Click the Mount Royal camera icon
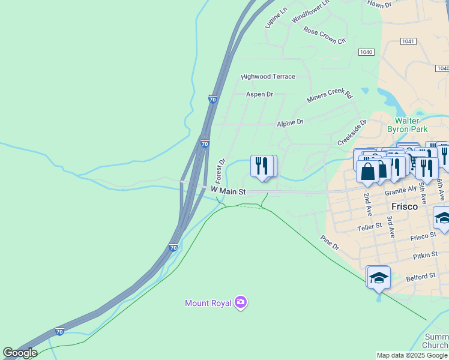click(x=241, y=302)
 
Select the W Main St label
click(x=229, y=191)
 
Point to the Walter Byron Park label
click(x=407, y=124)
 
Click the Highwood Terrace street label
click(x=268, y=77)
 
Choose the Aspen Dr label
click(x=259, y=94)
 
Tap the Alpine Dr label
click(x=290, y=122)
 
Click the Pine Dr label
click(x=330, y=243)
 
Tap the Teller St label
click(x=369, y=226)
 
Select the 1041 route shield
click(x=408, y=41)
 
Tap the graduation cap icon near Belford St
click(x=378, y=278)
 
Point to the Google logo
click(x=20, y=353)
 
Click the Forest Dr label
click(x=220, y=171)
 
